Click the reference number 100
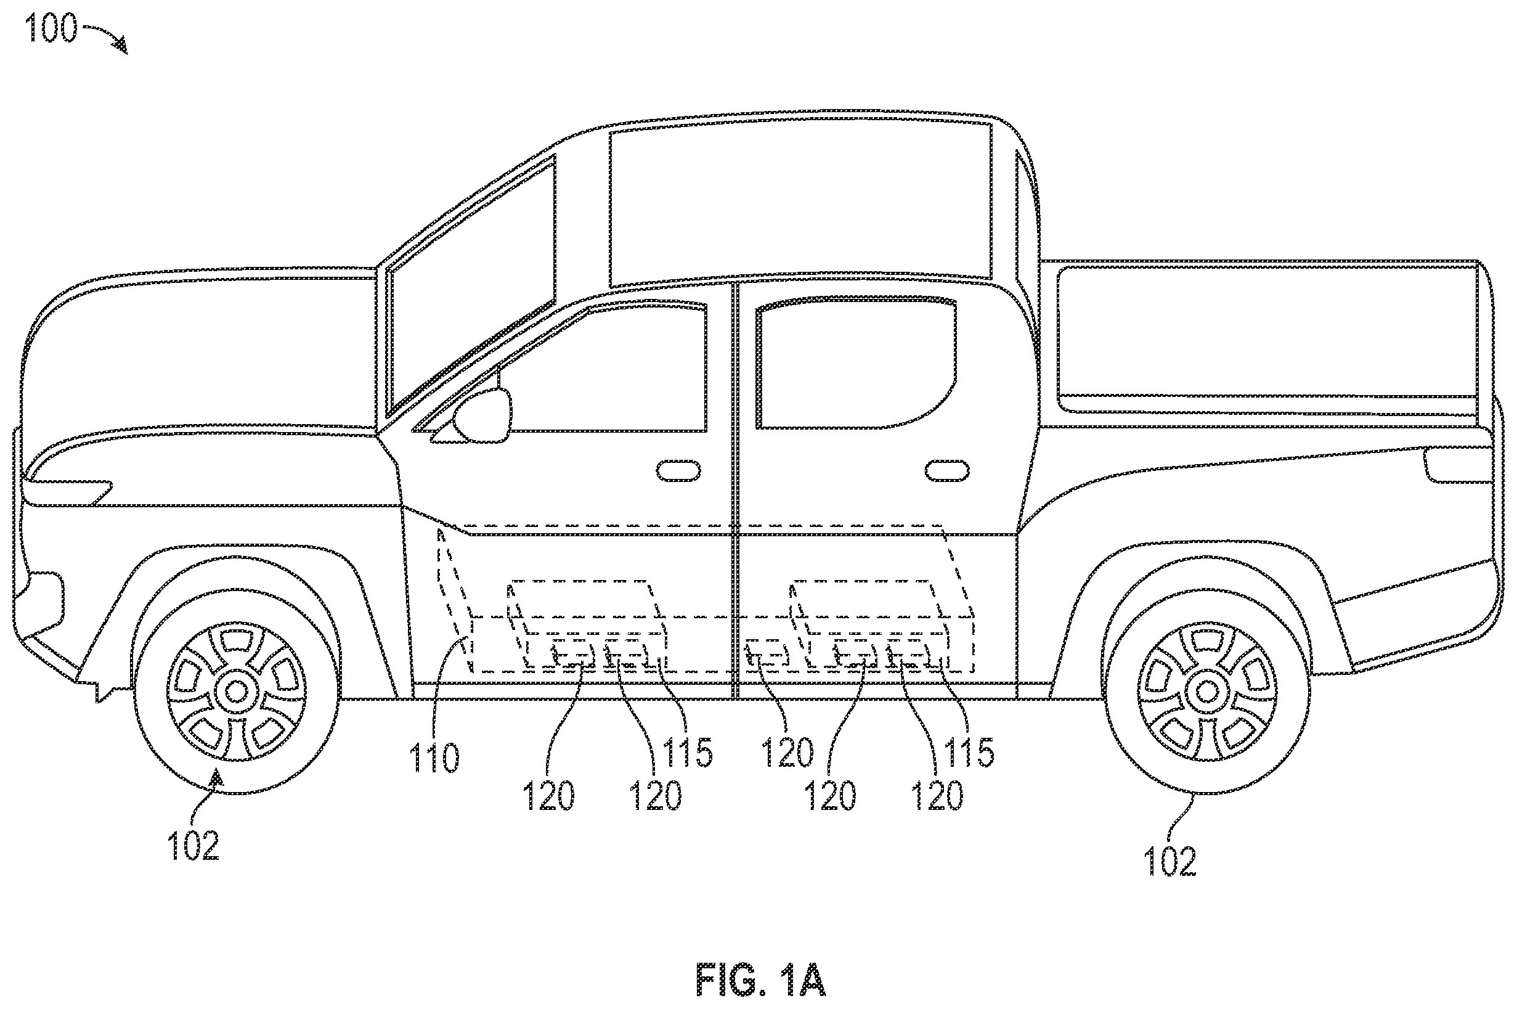pyautogui.click(x=52, y=28)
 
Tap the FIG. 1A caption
pyautogui.click(x=761, y=980)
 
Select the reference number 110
pyautogui.click(x=435, y=758)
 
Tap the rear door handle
pyautogui.click(x=947, y=470)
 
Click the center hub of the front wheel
pyautogui.click(x=237, y=692)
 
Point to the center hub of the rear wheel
pyautogui.click(x=1208, y=692)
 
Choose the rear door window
pyautogui.click(x=856, y=364)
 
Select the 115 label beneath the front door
pyautogui.click(x=687, y=752)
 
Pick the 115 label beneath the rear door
pyautogui.click(x=969, y=752)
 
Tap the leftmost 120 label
pyautogui.click(x=550, y=796)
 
